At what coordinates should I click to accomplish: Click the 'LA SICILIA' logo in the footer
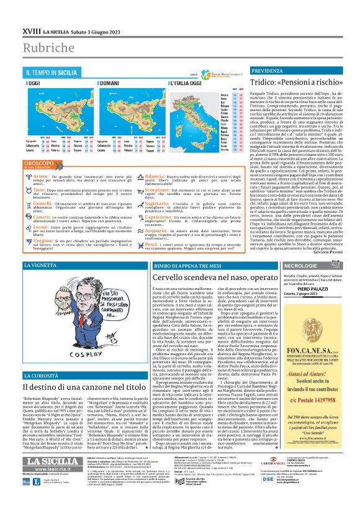point(52,477)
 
